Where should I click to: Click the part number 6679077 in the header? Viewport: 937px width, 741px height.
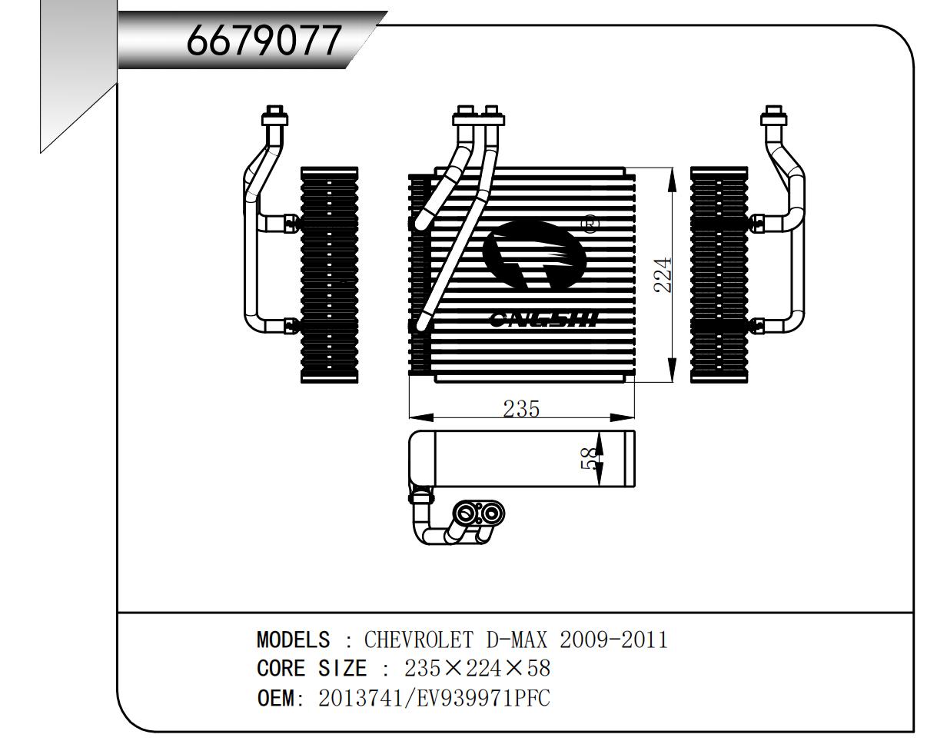pyautogui.click(x=263, y=40)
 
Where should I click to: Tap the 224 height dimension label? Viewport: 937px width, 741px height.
pyautogui.click(x=663, y=274)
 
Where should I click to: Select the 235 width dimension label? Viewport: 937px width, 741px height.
pyautogui.click(x=521, y=409)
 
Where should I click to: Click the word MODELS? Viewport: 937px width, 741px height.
pyautogui.click(x=293, y=640)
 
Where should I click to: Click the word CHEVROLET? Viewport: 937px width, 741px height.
pyautogui.click(x=418, y=640)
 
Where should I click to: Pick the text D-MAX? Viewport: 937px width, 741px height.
pyautogui.click(x=517, y=640)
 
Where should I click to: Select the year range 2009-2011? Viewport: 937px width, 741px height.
pyautogui.click(x=613, y=640)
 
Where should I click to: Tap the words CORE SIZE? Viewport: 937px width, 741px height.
pyautogui.click(x=312, y=669)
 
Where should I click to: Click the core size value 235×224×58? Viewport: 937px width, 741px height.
pyautogui.click(x=477, y=669)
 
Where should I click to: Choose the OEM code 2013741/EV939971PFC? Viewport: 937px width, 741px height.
pyautogui.click(x=434, y=698)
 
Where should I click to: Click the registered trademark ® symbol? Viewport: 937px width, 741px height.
pyautogui.click(x=590, y=224)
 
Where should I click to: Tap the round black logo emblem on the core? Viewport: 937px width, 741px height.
pyautogui.click(x=535, y=255)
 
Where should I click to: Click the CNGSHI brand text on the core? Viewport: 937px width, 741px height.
pyautogui.click(x=544, y=321)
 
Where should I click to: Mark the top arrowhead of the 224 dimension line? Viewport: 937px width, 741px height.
pyautogui.click(x=673, y=179)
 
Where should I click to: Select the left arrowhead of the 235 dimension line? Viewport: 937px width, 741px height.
pyautogui.click(x=421, y=417)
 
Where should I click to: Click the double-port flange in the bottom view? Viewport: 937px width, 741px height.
pyautogui.click(x=478, y=514)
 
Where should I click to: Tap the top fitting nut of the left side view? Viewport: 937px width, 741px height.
pyautogui.click(x=274, y=115)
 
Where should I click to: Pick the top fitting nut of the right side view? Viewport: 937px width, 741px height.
pyautogui.click(x=774, y=115)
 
